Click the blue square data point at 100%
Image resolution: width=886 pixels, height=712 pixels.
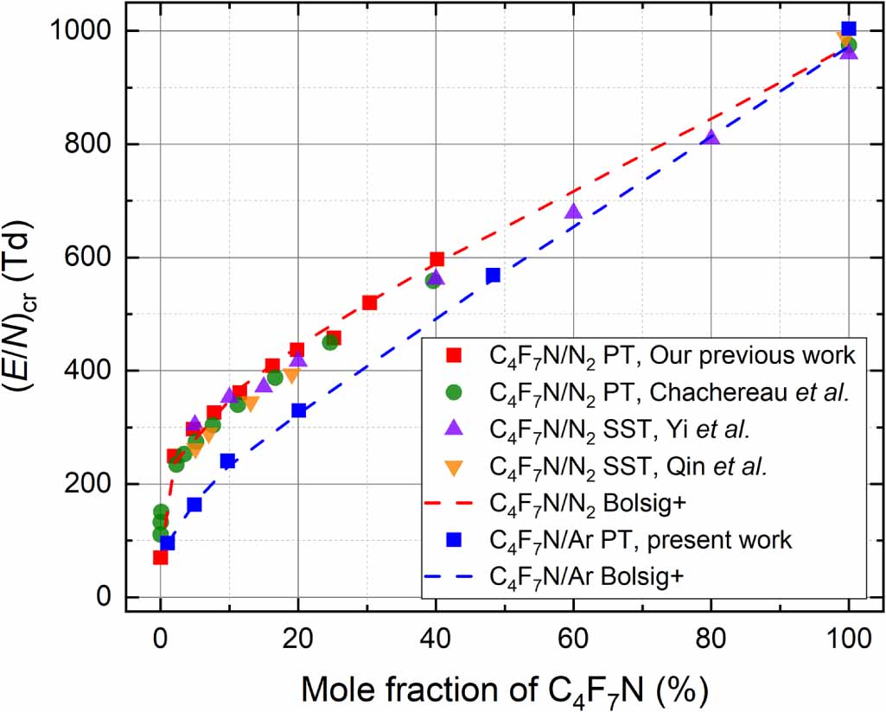coord(849,29)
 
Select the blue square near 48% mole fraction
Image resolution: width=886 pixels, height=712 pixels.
coord(493,275)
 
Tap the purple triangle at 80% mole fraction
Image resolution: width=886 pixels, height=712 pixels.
coord(711,137)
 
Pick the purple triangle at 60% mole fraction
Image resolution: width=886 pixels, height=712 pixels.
coord(573,211)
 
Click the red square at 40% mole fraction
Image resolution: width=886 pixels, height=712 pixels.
coord(437,259)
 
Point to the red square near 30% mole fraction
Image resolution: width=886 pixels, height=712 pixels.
coord(369,302)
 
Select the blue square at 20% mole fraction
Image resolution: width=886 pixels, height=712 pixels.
coord(298,410)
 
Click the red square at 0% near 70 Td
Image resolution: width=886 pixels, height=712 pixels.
coord(160,557)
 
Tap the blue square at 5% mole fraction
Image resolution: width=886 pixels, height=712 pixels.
coord(194,505)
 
